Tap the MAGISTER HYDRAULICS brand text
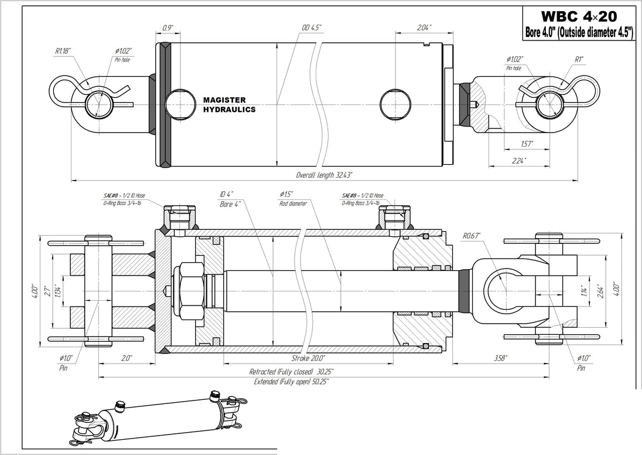(x=229, y=105)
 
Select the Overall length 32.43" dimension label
(x=324, y=175)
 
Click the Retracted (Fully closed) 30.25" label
(x=292, y=372)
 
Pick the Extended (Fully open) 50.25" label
(x=291, y=382)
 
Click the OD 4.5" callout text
(x=311, y=27)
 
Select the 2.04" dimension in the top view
(x=425, y=27)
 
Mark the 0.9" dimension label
(x=168, y=27)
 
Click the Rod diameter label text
(x=293, y=203)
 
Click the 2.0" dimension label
(x=126, y=358)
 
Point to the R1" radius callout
(x=579, y=59)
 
